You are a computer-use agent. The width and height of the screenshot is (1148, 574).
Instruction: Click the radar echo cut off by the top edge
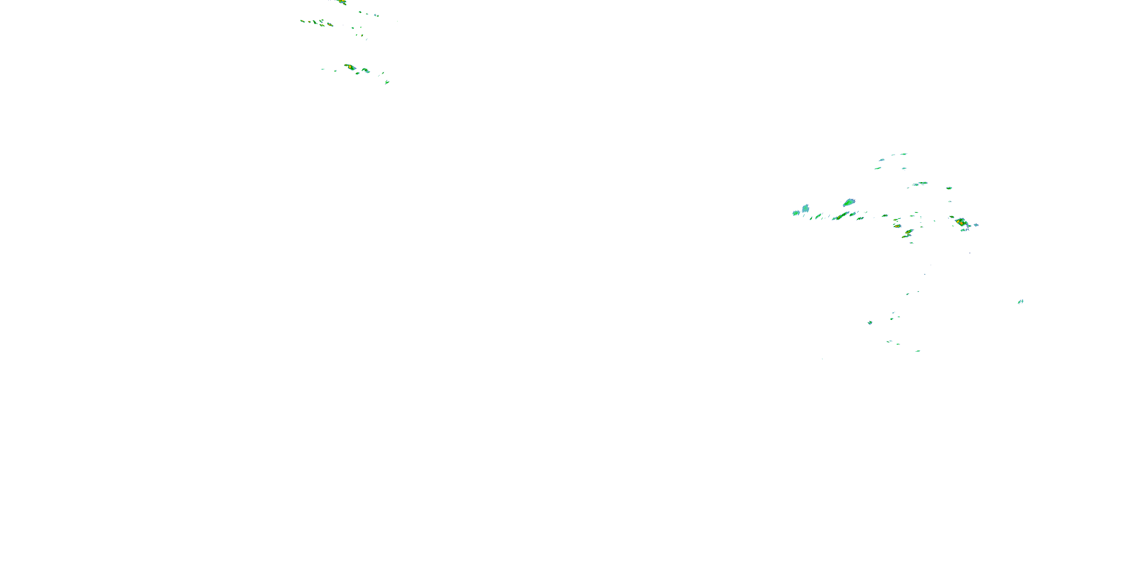(341, 2)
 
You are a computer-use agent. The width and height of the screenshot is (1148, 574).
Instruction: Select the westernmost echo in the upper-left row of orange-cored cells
(303, 21)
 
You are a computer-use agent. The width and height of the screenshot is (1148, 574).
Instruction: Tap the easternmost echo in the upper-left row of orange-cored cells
(330, 24)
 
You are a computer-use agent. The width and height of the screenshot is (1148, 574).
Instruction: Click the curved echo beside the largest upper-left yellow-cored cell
(365, 70)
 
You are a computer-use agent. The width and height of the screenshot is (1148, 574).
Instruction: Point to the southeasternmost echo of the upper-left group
(387, 82)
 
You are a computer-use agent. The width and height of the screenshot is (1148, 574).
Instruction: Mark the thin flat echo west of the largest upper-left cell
(323, 69)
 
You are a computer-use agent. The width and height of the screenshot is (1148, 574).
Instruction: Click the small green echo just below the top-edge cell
(360, 12)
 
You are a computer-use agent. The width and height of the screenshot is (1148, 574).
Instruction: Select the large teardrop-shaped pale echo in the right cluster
(848, 203)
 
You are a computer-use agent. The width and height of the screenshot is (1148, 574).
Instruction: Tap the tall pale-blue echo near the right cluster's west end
(805, 208)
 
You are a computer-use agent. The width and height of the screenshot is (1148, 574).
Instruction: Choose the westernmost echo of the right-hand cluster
(796, 213)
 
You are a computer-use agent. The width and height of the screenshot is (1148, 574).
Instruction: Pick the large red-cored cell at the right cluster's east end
(961, 222)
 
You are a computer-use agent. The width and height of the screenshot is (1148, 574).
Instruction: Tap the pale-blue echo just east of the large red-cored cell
(975, 225)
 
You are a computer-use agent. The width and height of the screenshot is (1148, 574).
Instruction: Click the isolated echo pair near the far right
(1020, 302)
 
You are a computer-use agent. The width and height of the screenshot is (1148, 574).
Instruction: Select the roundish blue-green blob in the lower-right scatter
(870, 323)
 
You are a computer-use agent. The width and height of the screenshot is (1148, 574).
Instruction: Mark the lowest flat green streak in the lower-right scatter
(918, 351)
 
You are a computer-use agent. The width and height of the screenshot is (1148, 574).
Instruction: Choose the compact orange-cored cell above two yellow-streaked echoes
(897, 226)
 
